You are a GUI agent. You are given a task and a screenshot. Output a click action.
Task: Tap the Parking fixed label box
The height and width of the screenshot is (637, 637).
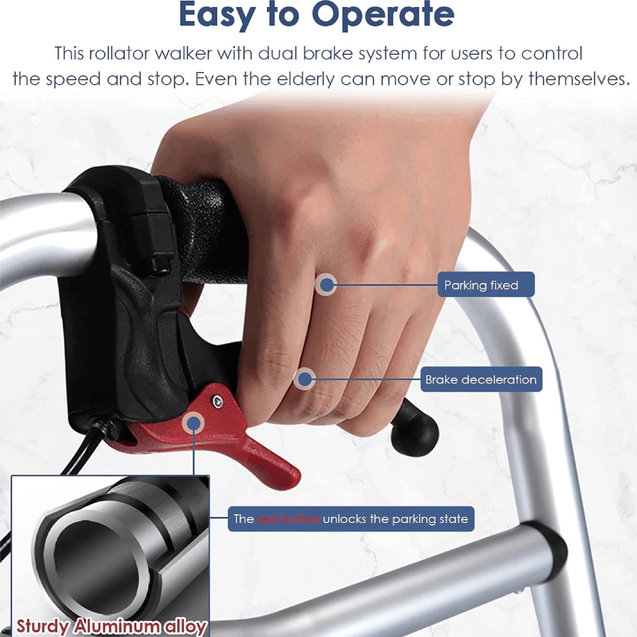485,284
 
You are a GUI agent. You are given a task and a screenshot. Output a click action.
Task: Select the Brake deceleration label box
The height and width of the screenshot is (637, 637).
481,380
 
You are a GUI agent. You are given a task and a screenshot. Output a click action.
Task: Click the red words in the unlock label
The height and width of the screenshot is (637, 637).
289,519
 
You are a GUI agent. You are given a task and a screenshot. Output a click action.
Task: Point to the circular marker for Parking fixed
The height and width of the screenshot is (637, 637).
326,285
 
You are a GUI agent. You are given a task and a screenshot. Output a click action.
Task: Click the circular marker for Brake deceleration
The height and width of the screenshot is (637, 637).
304,379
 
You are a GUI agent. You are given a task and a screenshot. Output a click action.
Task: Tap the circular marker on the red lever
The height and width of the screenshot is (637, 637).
194,423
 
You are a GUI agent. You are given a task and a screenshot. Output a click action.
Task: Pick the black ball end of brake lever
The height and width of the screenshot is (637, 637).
415,434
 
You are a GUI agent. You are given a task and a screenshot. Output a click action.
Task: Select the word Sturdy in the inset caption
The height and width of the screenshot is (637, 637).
43,626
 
